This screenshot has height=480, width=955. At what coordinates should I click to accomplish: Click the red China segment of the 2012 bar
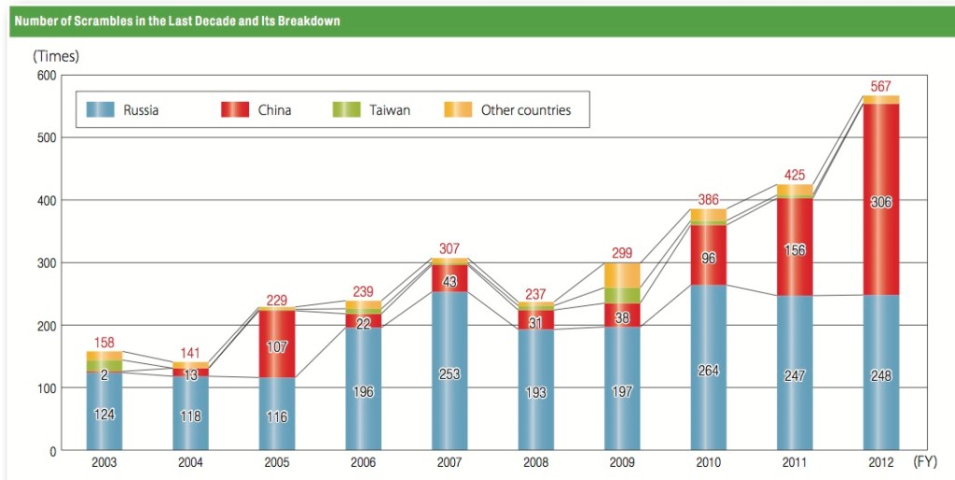click(880, 243)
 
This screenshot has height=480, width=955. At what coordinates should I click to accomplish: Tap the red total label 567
click(881, 86)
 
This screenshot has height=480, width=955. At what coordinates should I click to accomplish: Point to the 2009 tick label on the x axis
click(622, 462)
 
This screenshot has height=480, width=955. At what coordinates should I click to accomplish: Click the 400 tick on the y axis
click(45, 200)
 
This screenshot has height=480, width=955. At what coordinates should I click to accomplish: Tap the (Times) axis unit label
click(56, 56)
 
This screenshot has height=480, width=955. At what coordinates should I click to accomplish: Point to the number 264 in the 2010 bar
click(708, 371)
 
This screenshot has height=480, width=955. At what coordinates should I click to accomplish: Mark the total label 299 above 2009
click(622, 253)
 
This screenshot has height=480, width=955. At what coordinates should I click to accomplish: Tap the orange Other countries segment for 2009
click(622, 275)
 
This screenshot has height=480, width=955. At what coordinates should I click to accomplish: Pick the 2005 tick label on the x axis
click(277, 462)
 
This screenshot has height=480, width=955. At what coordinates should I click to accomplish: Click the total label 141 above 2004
click(191, 353)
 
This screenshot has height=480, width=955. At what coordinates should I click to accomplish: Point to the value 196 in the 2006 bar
click(363, 392)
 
